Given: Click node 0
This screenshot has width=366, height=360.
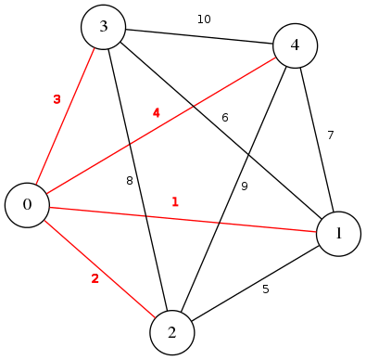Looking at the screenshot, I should [x=28, y=205].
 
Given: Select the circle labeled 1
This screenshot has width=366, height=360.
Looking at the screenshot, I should [x=340, y=235].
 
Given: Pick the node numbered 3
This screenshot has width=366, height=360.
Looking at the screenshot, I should [x=105, y=27].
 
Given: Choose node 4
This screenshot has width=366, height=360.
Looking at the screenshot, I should [x=295, y=45].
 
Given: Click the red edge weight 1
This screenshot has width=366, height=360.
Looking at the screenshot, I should [x=174, y=200].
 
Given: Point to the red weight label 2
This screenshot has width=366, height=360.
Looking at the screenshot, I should [x=94, y=278].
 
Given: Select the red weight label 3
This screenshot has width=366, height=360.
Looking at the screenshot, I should [x=57, y=98].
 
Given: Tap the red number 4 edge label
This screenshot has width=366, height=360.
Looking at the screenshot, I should [x=156, y=112].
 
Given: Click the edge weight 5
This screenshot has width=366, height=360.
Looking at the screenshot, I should [x=265, y=289].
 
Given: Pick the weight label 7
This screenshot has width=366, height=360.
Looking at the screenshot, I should [x=330, y=135].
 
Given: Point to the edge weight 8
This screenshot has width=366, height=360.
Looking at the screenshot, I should [x=130, y=181].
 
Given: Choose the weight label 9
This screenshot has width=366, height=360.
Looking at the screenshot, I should [x=245, y=186].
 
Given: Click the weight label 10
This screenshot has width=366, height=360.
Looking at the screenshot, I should [x=204, y=19].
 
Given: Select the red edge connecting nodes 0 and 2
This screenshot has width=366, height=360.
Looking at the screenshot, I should [x=100, y=269].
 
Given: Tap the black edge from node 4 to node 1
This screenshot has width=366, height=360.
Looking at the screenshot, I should [x=317, y=139].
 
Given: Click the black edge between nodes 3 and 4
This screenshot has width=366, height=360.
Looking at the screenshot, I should [x=199, y=36].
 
